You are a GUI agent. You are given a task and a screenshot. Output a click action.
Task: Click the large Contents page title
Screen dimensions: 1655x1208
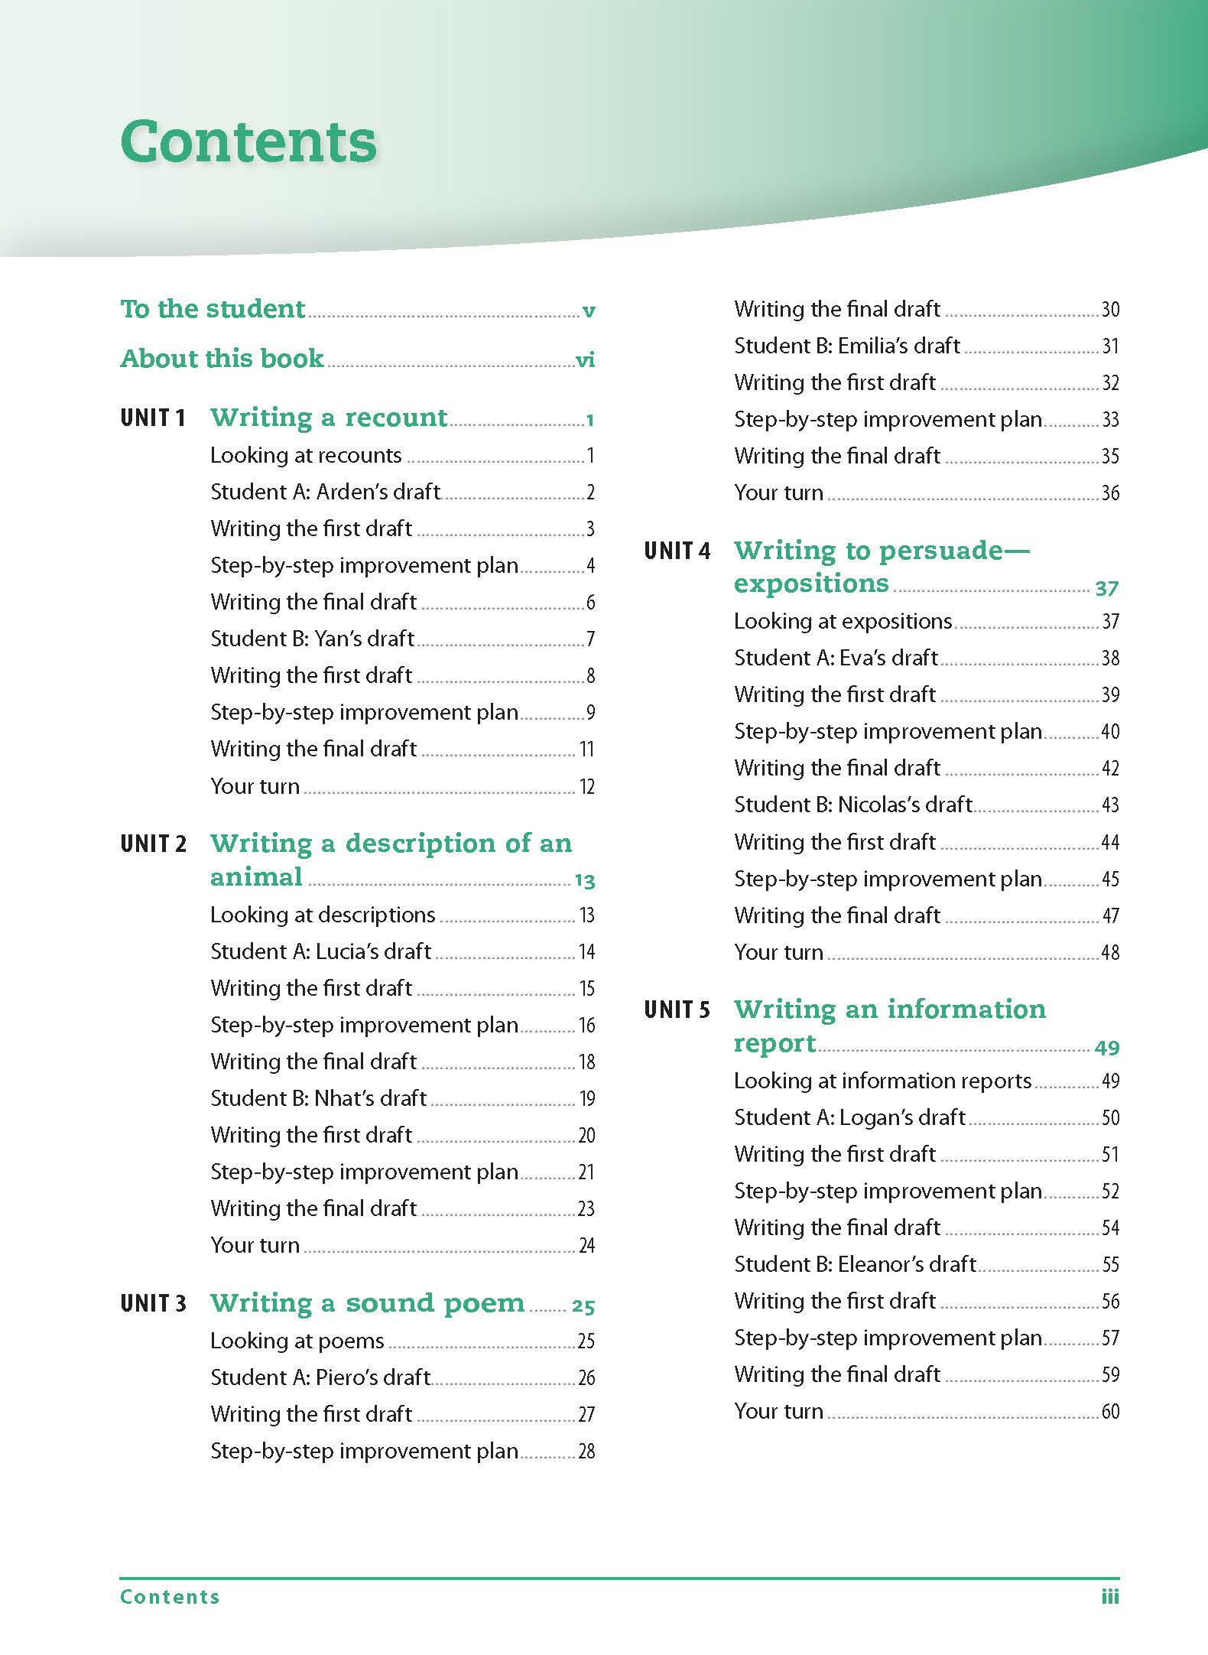248,142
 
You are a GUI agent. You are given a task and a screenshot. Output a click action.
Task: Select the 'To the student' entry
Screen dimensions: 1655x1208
213,309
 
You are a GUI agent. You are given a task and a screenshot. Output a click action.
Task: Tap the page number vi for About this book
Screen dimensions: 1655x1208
585,359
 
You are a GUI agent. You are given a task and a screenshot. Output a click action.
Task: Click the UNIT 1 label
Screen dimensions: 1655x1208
153,418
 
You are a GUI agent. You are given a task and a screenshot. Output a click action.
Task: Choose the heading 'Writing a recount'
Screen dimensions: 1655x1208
328,418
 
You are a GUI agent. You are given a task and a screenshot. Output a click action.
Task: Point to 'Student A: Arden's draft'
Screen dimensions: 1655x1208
325,492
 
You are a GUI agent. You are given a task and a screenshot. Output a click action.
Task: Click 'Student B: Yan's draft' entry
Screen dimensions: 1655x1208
312,639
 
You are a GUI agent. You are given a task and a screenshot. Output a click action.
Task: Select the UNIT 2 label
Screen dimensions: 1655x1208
153,844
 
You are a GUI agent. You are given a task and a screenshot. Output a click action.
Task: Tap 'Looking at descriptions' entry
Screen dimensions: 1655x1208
323,915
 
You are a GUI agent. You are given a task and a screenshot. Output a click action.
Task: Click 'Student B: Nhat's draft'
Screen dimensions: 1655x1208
318,1098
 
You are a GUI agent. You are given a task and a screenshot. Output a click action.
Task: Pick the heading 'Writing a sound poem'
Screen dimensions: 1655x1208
367,1302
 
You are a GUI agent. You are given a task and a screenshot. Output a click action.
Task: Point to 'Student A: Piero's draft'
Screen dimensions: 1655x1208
320,1377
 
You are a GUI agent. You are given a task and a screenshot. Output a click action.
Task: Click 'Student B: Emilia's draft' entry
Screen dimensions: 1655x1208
846,346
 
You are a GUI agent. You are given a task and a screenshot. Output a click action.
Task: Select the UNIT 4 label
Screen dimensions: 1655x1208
677,551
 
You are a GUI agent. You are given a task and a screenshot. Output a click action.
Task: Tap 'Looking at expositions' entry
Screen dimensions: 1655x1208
843,621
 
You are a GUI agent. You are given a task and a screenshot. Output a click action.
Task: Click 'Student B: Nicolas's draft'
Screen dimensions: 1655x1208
852,805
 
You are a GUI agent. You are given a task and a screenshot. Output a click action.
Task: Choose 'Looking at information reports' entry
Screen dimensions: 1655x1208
882,1081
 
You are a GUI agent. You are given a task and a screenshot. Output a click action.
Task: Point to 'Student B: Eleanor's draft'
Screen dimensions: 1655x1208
855,1264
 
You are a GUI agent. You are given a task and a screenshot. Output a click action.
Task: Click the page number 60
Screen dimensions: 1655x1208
1110,1412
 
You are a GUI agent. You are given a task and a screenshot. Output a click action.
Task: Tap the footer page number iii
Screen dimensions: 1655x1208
1110,1597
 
